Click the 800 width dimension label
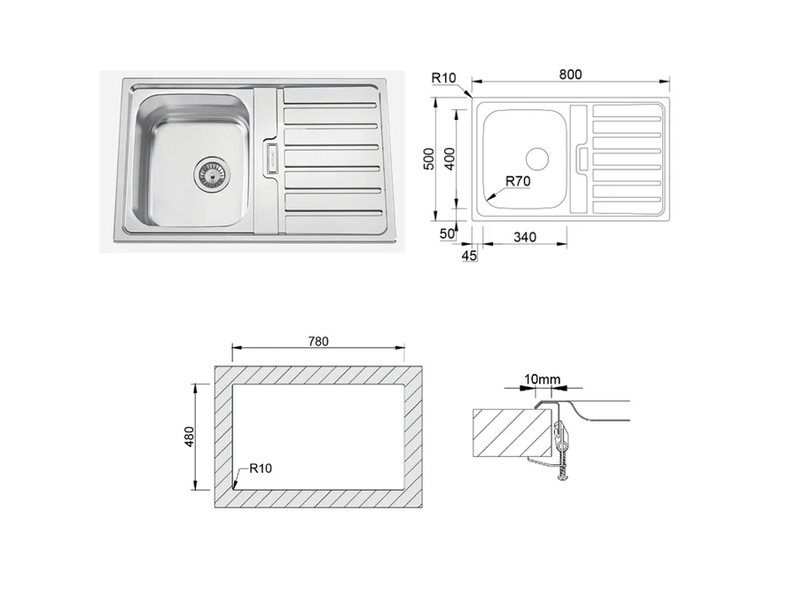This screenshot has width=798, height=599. (x=570, y=75)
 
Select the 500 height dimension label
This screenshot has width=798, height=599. (x=429, y=159)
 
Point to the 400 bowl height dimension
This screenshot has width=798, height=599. (x=450, y=159)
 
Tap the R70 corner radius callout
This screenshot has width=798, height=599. (x=518, y=181)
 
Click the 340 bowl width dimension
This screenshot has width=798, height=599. (x=525, y=237)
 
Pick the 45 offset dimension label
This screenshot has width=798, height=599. (x=469, y=256)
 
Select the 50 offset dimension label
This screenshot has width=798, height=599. (x=447, y=233)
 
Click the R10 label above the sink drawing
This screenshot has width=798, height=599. (x=444, y=78)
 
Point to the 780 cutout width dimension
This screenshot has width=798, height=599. (x=318, y=342)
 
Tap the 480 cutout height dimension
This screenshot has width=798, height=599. (x=189, y=437)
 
